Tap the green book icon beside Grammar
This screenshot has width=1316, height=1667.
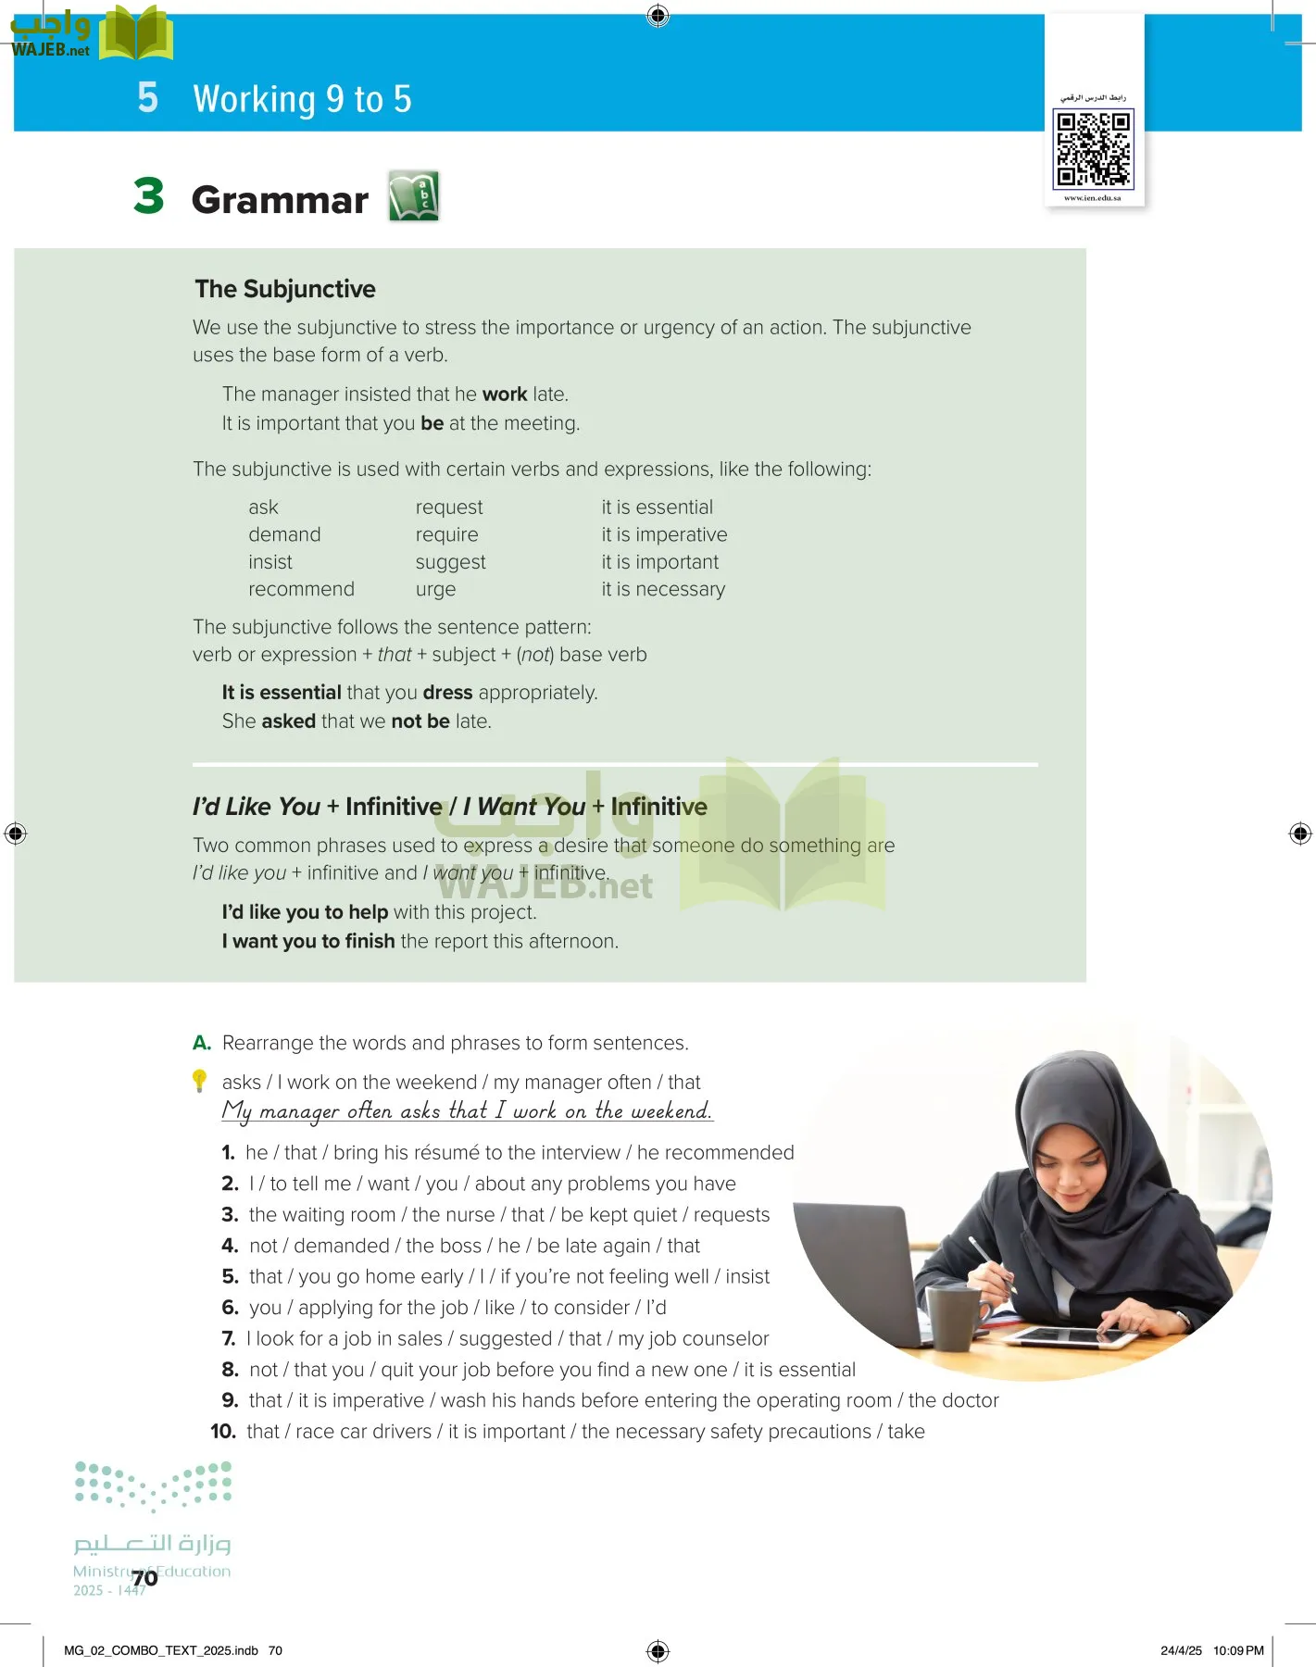click(413, 195)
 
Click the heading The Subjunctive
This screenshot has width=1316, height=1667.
click(285, 289)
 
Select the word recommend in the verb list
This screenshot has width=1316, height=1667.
click(301, 589)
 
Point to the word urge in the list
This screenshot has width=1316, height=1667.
click(435, 590)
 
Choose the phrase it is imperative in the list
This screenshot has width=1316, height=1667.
click(664, 534)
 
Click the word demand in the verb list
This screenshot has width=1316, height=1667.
click(284, 534)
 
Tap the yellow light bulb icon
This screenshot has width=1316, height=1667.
click(199, 1081)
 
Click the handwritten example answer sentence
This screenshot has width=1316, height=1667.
click(467, 1111)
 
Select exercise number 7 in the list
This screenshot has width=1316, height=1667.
click(229, 1338)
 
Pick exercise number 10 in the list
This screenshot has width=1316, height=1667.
click(223, 1432)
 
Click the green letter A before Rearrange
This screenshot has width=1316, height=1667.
click(202, 1043)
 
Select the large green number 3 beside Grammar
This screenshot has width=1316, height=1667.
click(149, 196)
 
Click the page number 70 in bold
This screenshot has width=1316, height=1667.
click(144, 1578)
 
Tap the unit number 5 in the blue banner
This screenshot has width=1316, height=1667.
click(148, 97)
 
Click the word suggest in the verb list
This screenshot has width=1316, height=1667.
click(450, 562)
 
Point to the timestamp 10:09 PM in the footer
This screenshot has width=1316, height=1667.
click(1238, 1650)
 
